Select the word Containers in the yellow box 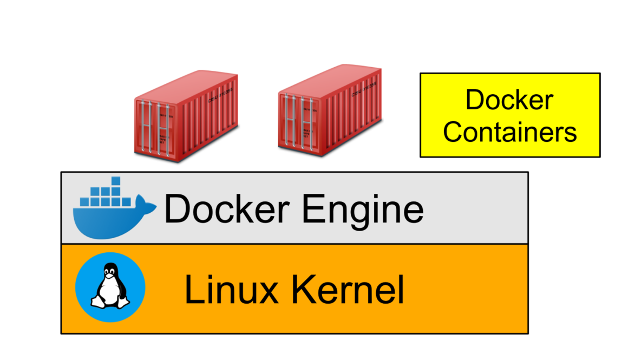pos(509,132)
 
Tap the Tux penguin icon pos(110,287)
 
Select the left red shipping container pos(187,117)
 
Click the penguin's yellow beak pos(110,276)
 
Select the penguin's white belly pos(110,292)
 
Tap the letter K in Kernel pos(303,290)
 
